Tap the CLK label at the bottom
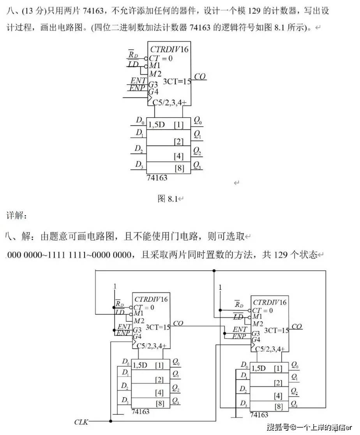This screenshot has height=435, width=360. click(81, 422)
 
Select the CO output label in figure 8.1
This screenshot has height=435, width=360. click(200, 77)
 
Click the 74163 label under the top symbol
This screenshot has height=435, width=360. click(157, 178)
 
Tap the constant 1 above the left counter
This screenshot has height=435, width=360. click(115, 287)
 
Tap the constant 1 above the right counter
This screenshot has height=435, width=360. click(220, 287)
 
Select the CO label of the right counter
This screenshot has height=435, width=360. click(297, 326)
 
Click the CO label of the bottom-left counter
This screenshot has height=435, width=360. click(178, 323)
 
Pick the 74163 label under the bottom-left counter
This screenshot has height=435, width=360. click(140, 412)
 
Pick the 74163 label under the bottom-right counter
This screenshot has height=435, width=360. click(259, 415)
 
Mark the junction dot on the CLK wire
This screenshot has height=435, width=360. click(111, 421)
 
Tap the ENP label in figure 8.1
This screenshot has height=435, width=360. click(138, 88)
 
